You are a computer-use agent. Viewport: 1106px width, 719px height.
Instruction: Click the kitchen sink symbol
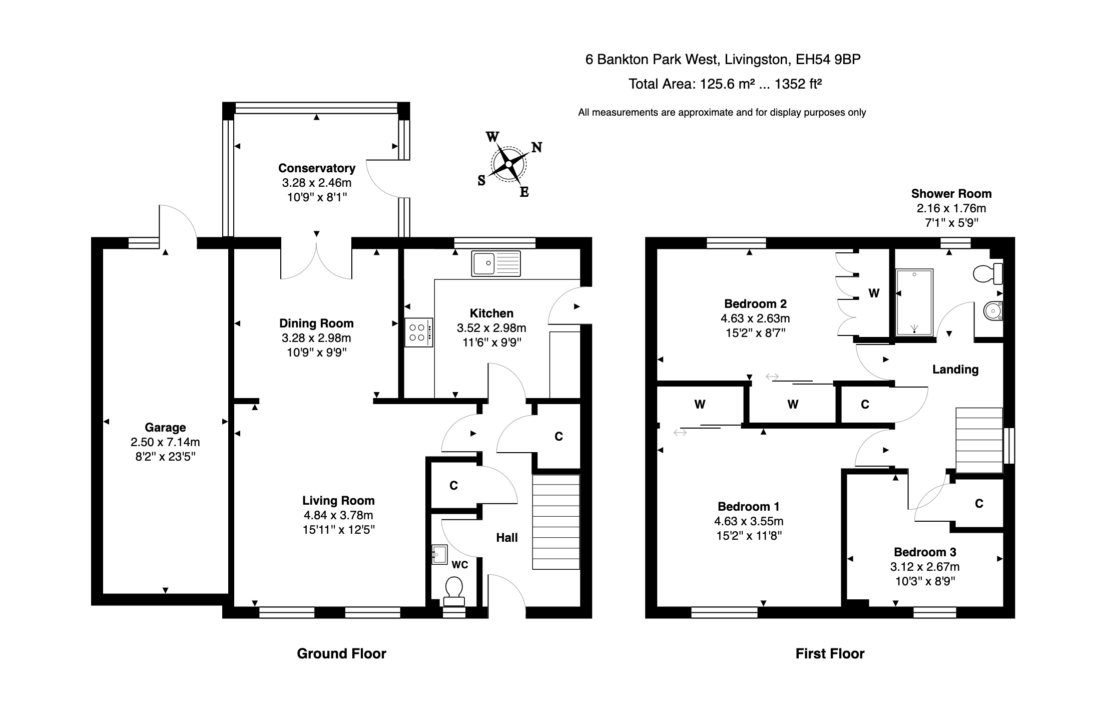[495, 263]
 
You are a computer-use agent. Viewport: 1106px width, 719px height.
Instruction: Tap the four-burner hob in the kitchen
[418, 332]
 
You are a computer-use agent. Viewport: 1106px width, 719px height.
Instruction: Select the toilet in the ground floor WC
[454, 590]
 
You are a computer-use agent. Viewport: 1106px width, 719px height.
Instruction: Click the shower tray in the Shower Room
[914, 302]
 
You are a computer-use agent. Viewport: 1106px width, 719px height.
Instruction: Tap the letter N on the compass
[536, 147]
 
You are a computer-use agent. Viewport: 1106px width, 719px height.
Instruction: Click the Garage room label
[165, 427]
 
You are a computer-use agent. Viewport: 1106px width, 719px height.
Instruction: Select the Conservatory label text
[316, 168]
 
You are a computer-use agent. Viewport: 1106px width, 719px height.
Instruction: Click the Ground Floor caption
[341, 653]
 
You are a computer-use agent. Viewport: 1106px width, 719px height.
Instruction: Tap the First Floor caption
[830, 653]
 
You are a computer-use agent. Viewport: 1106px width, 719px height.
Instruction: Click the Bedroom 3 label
[925, 552]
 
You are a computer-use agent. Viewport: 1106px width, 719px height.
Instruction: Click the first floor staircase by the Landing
[979, 440]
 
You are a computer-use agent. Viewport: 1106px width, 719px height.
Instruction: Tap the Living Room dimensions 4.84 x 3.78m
[338, 515]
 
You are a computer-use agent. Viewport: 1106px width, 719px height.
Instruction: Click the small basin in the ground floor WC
[439, 555]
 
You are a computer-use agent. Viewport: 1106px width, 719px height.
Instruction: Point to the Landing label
[955, 370]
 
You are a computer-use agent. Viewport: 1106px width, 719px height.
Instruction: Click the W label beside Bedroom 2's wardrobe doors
[874, 293]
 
